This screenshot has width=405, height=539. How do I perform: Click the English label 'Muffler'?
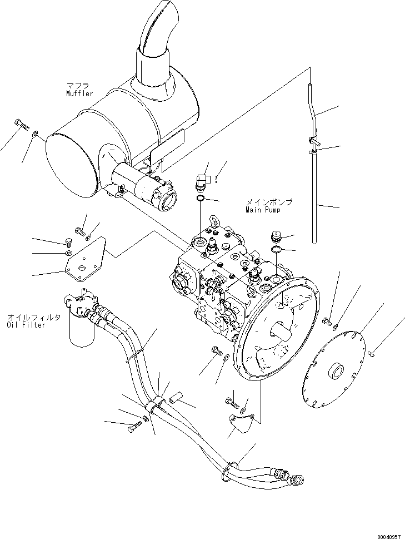(78, 94)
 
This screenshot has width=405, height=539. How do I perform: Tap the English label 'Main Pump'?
(263, 210)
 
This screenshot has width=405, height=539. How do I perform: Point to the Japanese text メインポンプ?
(269, 202)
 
